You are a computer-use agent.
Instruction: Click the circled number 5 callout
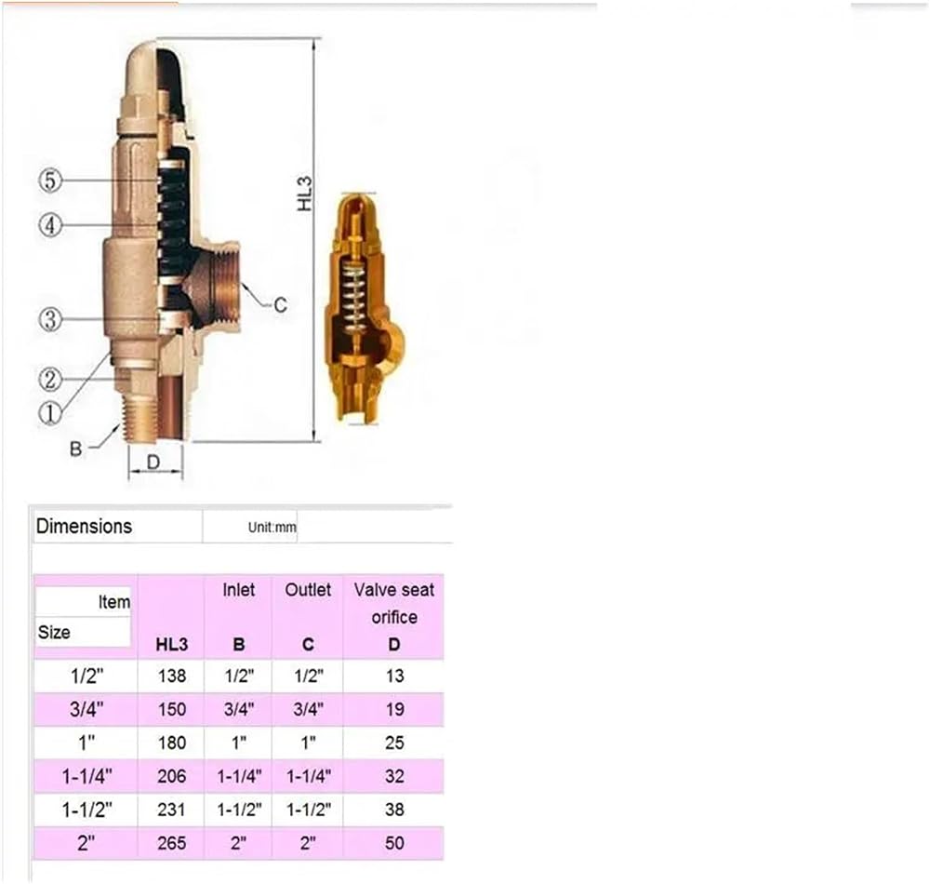(x=50, y=180)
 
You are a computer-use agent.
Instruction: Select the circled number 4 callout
(x=50, y=225)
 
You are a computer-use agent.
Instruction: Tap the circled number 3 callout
(x=50, y=319)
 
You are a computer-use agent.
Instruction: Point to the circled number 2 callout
(x=50, y=379)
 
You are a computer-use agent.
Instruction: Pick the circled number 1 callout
(x=50, y=413)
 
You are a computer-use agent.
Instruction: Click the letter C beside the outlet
(x=280, y=305)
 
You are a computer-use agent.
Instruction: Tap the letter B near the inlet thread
(x=75, y=449)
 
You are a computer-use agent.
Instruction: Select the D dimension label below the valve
(x=153, y=462)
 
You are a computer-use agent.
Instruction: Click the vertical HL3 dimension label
(x=305, y=194)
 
